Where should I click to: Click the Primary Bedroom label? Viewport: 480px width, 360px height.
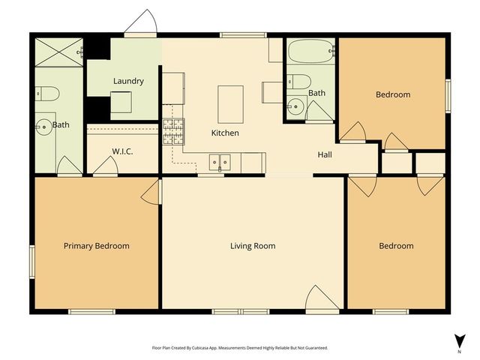(x=96, y=246)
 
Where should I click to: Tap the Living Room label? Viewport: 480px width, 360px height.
(x=253, y=246)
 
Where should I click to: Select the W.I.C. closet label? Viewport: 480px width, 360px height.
(x=123, y=151)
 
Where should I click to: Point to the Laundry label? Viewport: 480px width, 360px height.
(x=128, y=81)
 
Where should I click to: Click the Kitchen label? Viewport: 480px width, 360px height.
(x=225, y=133)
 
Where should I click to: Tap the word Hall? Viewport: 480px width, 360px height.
(x=325, y=154)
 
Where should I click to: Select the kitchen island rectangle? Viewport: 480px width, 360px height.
(x=230, y=103)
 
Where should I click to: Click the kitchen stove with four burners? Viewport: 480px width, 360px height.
(x=173, y=133)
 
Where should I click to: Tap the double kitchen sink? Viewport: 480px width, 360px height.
(x=220, y=160)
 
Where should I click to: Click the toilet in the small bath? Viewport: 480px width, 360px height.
(x=300, y=81)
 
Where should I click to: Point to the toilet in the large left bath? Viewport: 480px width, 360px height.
(x=48, y=93)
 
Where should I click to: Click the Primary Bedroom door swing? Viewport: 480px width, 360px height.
(x=151, y=192)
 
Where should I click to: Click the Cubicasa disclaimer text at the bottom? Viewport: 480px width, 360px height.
(x=239, y=348)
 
